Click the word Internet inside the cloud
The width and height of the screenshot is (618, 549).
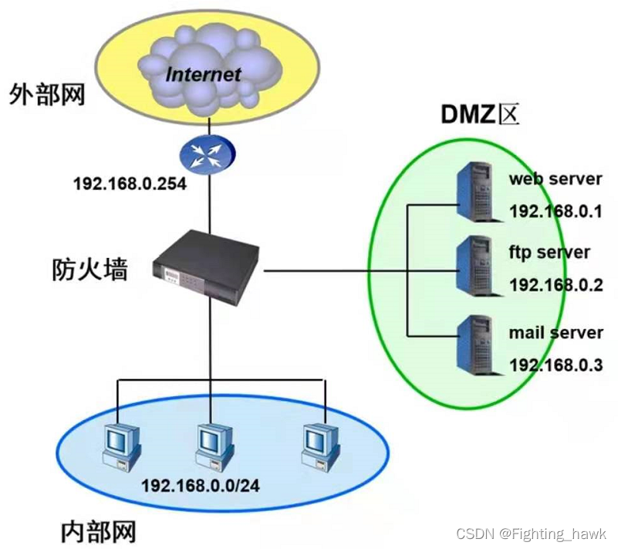point(204,74)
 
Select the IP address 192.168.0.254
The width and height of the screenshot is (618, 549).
point(130,185)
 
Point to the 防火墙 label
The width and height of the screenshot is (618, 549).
point(89,269)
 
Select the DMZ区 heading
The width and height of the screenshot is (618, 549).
point(481,114)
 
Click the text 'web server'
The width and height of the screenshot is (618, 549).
point(555,179)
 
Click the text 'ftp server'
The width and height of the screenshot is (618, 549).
point(549,252)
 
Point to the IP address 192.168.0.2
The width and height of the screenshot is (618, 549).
point(556,285)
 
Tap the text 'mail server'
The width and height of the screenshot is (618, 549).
point(556,333)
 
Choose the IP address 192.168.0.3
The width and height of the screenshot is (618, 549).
point(556,365)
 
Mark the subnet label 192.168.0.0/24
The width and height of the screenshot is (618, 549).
point(201,487)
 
